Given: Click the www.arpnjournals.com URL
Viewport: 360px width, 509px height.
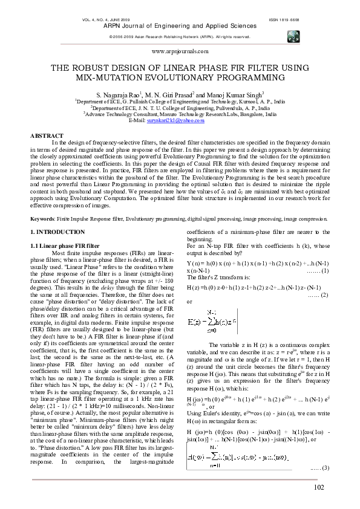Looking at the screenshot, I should tap(179, 53).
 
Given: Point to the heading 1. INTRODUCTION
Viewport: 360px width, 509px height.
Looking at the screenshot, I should tap(57, 232).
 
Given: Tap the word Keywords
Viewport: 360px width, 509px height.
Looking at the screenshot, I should tap(42, 218).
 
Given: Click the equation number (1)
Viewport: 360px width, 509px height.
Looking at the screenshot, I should tap(319, 270).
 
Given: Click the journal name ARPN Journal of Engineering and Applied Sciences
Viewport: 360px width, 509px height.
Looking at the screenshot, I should tap(179, 26).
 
